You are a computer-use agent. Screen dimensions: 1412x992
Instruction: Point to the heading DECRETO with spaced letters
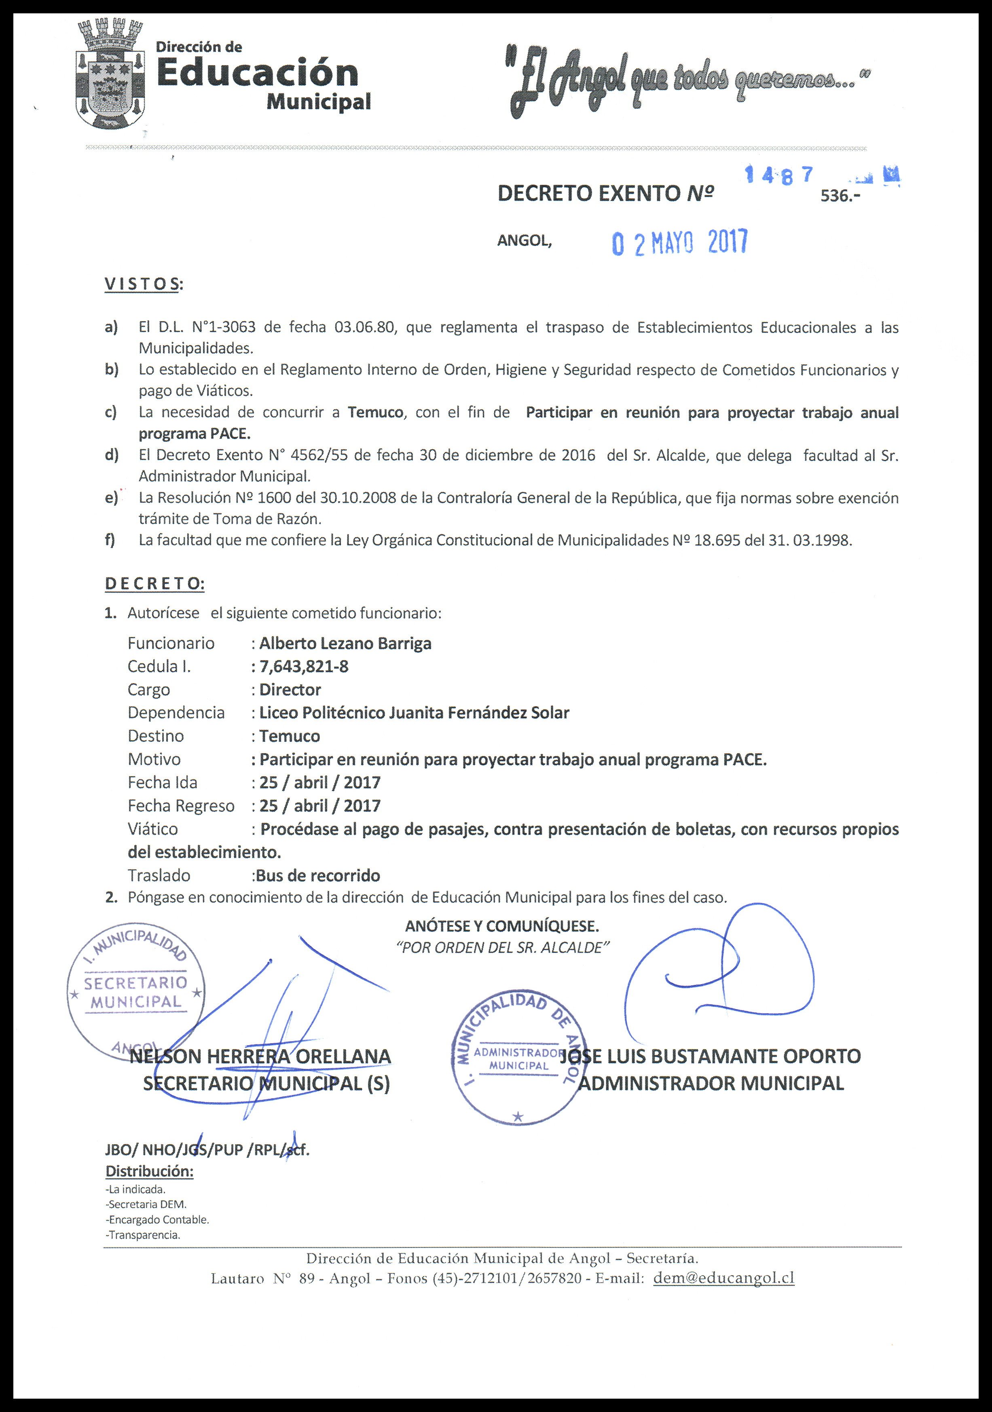[154, 584]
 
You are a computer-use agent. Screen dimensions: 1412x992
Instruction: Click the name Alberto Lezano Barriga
[345, 643]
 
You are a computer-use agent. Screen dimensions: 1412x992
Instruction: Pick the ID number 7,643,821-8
[304, 667]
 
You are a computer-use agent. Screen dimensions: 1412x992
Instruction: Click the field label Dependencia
[176, 713]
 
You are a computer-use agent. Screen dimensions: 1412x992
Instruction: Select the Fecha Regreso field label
[181, 806]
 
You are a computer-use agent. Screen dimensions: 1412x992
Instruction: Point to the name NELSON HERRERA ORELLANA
[260, 1056]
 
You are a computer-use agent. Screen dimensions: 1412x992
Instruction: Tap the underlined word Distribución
[150, 1171]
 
